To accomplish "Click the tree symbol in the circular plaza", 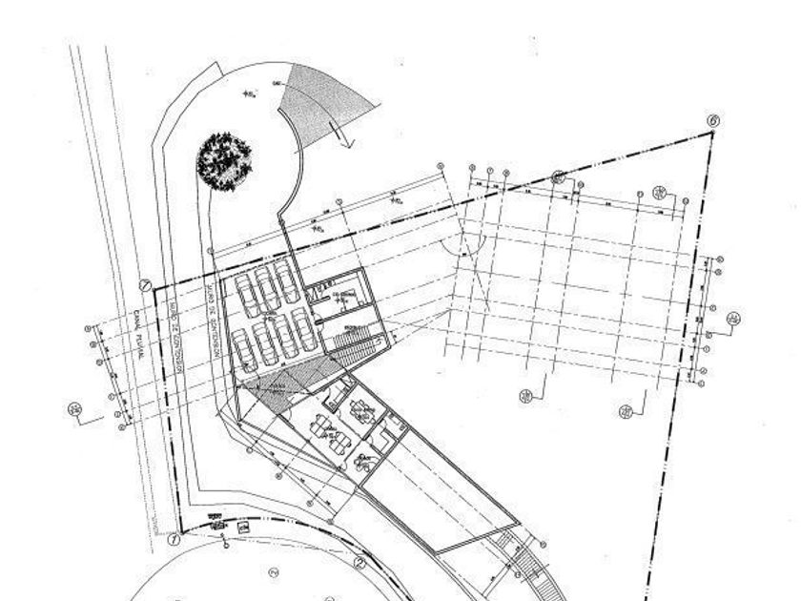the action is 225,160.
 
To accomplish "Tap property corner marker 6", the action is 713,121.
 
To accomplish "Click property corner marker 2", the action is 360,564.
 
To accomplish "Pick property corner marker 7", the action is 175,540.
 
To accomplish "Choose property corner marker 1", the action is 146,284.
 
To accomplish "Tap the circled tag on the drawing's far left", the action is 75,409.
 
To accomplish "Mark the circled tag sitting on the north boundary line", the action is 560,177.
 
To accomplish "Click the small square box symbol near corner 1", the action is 243,528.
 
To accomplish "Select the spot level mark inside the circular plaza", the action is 251,93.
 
